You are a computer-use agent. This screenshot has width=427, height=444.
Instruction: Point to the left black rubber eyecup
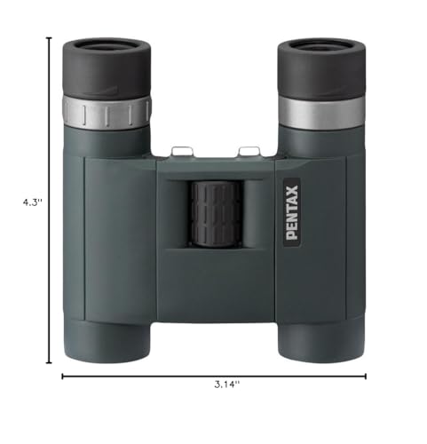coord(107,67)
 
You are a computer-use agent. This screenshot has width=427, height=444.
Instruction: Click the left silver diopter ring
coord(107,111)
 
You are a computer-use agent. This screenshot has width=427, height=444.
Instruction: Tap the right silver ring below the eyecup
coord(320,111)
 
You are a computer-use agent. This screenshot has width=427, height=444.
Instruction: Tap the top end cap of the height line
coord(49,38)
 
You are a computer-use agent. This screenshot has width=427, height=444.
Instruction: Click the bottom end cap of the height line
coord(49,362)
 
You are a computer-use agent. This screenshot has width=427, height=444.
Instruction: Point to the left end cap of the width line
coord(62,376)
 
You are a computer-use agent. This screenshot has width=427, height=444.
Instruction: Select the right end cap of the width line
coord(365,376)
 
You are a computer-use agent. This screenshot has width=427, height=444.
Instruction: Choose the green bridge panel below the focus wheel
coord(214,284)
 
